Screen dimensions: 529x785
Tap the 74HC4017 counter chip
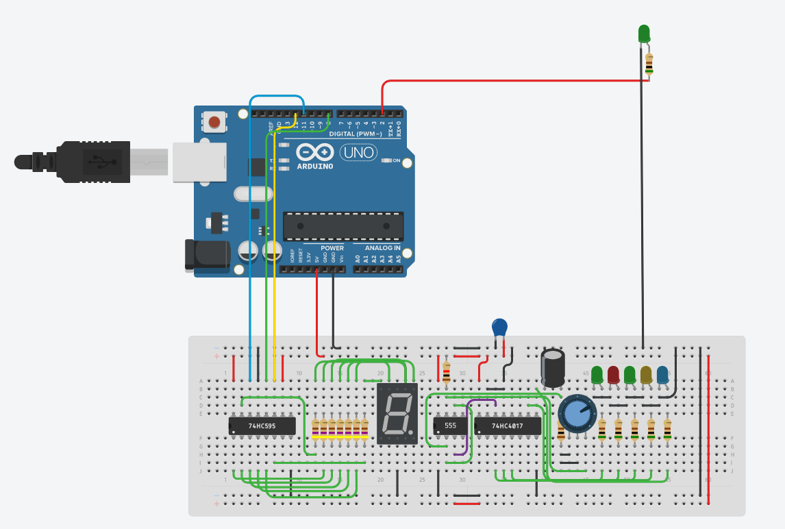(507, 426)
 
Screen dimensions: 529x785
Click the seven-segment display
(397, 413)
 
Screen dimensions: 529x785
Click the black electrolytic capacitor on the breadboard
(553, 368)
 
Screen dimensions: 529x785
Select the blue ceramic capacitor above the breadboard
(501, 328)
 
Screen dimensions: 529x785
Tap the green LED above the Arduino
(644, 33)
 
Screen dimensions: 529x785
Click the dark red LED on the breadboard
(613, 374)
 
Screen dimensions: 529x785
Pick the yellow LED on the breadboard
(646, 374)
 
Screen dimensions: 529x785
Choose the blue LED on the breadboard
(662, 374)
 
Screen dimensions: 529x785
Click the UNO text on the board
(360, 152)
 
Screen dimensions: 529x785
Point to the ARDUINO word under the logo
(314, 167)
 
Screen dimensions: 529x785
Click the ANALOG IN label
(383, 247)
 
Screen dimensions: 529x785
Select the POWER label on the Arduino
(332, 247)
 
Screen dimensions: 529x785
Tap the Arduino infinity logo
(315, 152)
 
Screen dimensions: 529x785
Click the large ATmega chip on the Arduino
(343, 223)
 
